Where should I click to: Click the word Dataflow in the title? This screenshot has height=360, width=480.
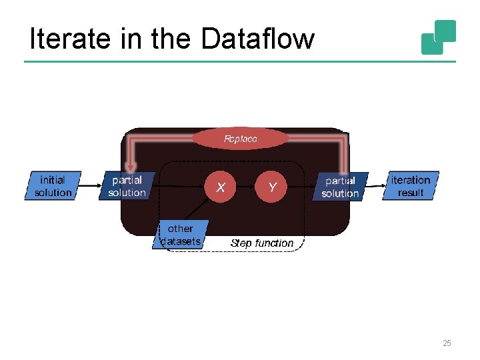257,39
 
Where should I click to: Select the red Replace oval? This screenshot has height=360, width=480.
241,139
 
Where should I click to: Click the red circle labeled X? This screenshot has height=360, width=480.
221,187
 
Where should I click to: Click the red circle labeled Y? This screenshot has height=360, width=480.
272,187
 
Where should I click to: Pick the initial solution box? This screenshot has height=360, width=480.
53,186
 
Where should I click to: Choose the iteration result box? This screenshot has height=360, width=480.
411,186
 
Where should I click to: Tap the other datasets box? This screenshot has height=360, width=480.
181,235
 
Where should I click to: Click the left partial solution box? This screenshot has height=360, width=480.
127,186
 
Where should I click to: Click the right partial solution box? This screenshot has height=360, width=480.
340,187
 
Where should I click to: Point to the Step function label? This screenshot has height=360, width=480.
261,243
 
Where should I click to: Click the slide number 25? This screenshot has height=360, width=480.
447,343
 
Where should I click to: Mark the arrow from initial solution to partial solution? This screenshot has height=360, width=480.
91,186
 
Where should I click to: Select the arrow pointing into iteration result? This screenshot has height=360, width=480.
376,186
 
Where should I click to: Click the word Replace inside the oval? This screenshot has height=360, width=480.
241,139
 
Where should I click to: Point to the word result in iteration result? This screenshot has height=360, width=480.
411,193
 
